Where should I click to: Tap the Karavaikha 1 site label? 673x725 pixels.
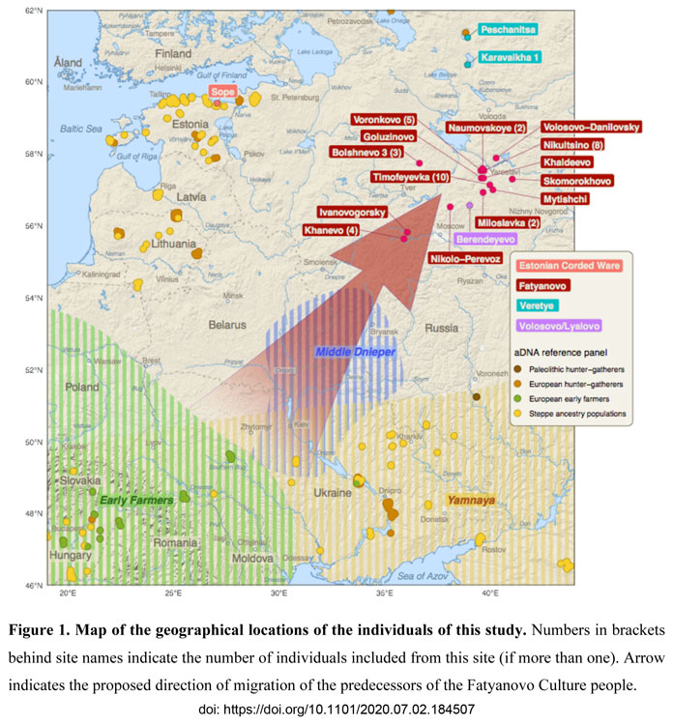tap(511, 57)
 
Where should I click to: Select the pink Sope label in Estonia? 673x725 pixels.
tap(223, 93)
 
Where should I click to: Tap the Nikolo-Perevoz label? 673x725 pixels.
tap(465, 259)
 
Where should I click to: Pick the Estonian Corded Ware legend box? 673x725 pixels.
tap(569, 265)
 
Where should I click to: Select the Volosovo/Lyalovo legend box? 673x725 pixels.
tap(560, 325)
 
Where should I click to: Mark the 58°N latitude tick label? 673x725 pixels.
tap(33, 154)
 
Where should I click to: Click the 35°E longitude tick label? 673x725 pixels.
tap(384, 592)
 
